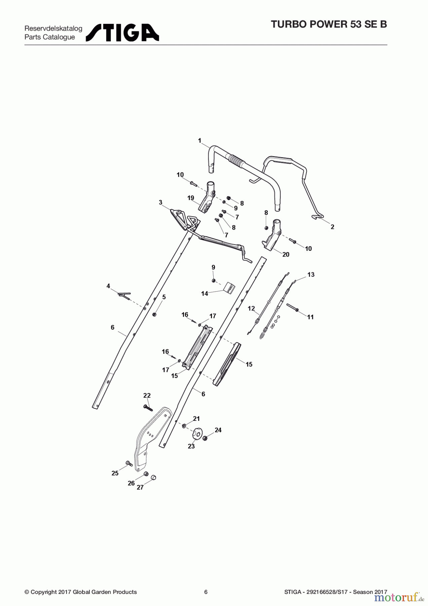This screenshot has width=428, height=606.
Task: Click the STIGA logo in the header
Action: coord(122,33)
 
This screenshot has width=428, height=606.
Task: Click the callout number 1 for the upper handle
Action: coord(200,140)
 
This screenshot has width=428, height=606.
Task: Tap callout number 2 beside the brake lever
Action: coord(332,227)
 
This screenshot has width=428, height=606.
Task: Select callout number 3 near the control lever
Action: coord(160,202)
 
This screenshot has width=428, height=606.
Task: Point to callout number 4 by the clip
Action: coord(108,286)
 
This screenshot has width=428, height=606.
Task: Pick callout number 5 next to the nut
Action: coord(164,297)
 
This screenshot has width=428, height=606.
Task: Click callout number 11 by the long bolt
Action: coord(310,317)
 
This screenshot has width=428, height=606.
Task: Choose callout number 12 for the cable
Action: coord(251,308)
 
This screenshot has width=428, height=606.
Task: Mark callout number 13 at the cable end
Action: coord(311,275)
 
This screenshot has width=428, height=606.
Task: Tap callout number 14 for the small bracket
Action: coord(205,294)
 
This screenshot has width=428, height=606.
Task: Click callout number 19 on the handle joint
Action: coord(191,198)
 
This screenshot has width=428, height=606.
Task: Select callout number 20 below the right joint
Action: coord(286,255)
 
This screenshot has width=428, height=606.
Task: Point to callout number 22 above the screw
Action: coord(147,395)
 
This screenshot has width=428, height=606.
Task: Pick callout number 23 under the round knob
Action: coord(191,446)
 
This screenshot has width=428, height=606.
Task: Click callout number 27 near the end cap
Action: coord(140,487)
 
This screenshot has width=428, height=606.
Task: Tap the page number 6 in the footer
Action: coord(206,592)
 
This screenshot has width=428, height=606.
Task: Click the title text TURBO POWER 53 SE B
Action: coord(329,25)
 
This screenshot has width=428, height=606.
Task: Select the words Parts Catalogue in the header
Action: coord(50,37)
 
